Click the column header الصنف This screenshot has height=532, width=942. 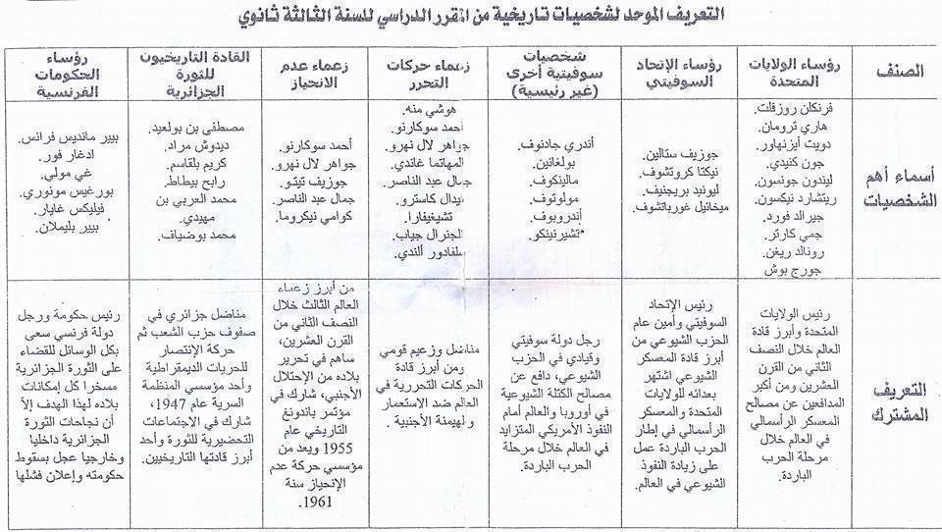(893, 72)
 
